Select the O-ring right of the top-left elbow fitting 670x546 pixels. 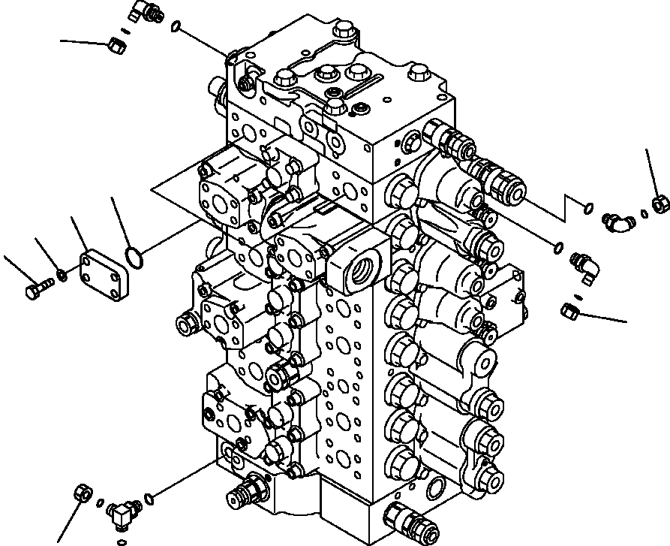tap(176, 28)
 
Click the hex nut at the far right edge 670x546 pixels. tap(659, 203)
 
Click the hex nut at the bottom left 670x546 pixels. tap(83, 494)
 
